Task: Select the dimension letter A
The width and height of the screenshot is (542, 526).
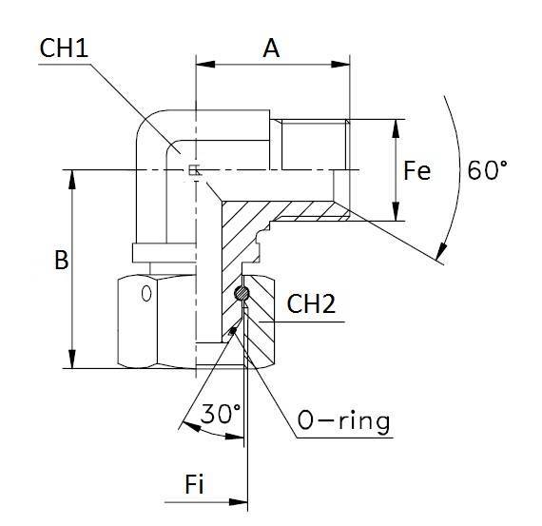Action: tap(271, 49)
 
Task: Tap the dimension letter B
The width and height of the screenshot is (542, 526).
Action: tap(61, 261)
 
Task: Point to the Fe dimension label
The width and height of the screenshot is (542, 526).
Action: tap(416, 171)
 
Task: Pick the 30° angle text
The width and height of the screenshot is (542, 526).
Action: tap(221, 414)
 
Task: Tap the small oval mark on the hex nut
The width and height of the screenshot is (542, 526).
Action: tap(145, 293)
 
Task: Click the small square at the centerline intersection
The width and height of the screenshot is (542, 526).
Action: tap(194, 170)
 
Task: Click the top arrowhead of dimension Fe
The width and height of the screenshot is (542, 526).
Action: tap(397, 127)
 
